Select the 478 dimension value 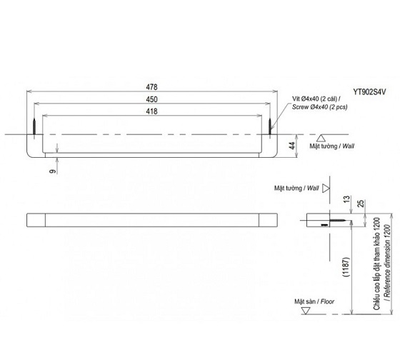[152, 86]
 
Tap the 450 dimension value [152, 99]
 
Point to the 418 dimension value [152, 111]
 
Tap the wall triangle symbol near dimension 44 [321, 137]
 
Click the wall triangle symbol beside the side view [326, 189]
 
